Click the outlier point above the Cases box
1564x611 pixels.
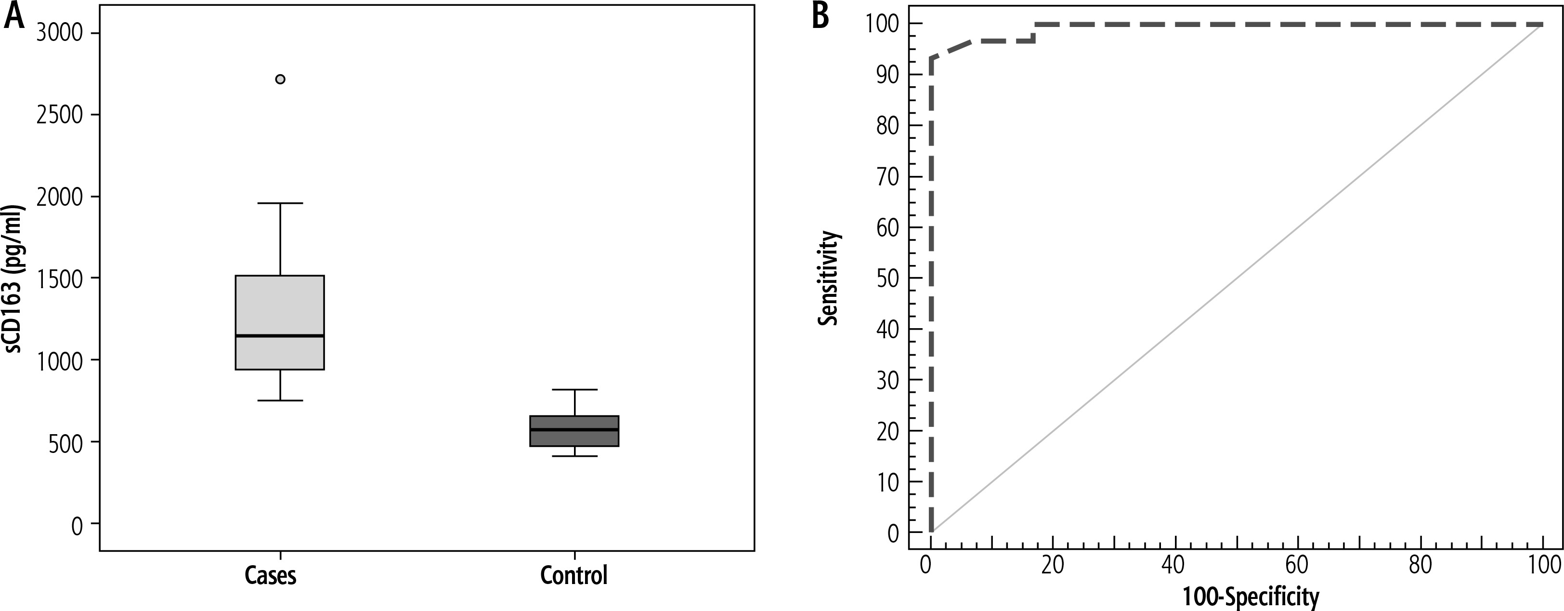[280, 79]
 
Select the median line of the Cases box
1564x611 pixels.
[280, 335]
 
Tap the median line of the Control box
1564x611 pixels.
[574, 429]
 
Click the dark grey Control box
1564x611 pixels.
[574, 438]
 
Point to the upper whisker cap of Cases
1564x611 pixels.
[280, 203]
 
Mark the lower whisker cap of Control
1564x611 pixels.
[574, 455]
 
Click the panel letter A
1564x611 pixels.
[14, 16]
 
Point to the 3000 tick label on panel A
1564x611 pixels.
[60, 33]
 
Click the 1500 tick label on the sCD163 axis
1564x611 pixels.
[60, 279]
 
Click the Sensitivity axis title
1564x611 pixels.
[828, 278]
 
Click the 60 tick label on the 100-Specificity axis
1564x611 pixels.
[1297, 565]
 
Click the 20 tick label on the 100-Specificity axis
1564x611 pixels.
[1052, 565]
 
